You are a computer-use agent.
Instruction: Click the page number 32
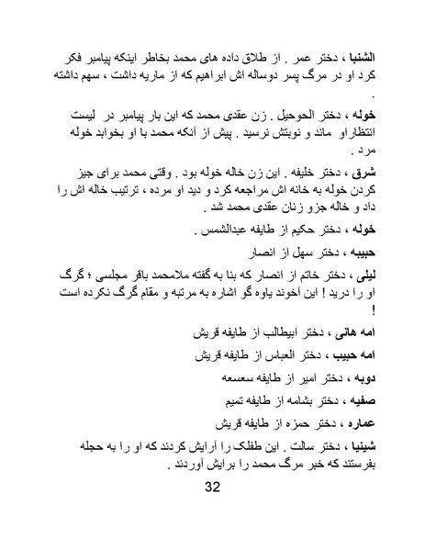tap(213, 486)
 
